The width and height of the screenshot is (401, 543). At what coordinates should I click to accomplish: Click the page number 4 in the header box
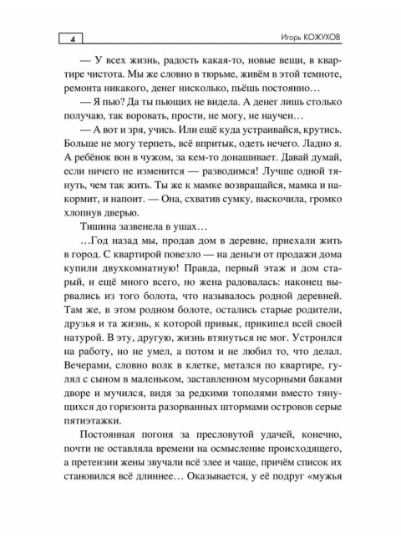[74, 38]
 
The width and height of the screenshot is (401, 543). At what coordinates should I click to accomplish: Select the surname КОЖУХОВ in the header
[319, 38]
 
